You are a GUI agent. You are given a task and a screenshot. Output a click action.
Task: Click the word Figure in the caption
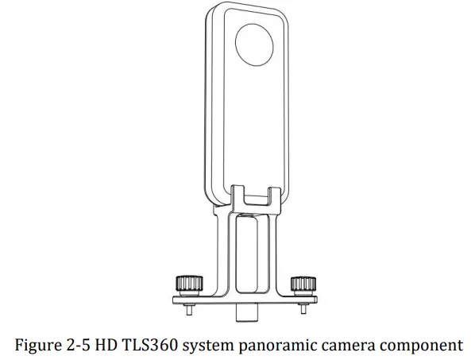(x=39, y=344)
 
